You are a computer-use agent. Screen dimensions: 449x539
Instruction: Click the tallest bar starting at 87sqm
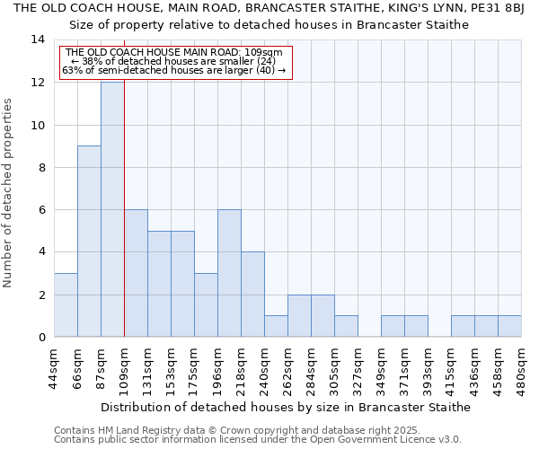(112, 209)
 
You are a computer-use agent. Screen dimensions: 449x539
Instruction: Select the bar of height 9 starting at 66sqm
(89, 241)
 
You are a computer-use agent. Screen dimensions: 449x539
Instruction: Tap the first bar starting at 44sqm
(66, 304)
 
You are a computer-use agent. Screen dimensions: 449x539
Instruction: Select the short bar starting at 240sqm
(276, 326)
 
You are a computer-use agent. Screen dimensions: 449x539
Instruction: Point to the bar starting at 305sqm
(346, 326)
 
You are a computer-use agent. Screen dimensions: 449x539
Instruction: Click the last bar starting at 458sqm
(509, 326)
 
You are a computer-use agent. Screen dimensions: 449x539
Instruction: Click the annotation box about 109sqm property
(176, 62)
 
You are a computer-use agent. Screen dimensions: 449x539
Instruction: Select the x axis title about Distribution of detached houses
(286, 407)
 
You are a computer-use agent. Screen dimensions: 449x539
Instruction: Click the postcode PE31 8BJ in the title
(501, 8)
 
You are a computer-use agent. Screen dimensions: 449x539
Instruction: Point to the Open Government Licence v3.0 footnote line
(258, 440)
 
